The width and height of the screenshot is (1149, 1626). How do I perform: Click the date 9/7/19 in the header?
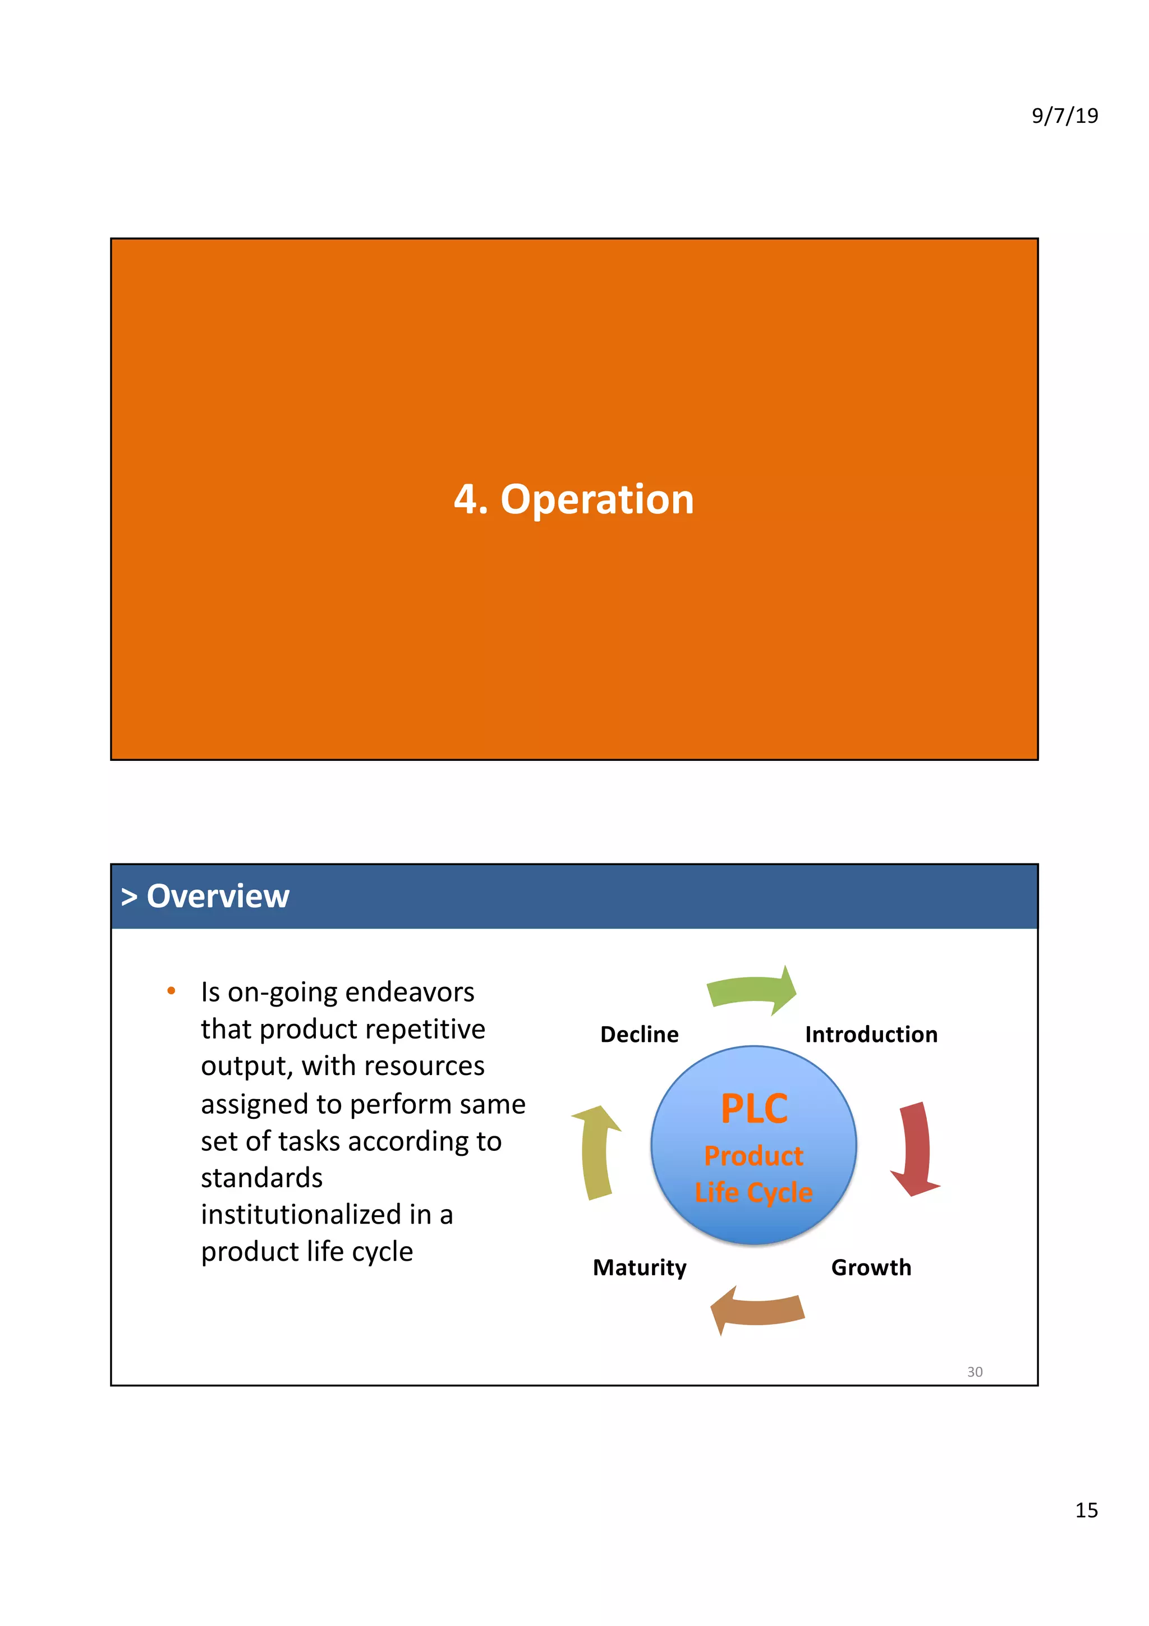1064,116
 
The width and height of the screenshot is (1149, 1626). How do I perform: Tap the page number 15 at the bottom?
1086,1509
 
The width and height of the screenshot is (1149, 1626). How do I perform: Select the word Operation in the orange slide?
597,499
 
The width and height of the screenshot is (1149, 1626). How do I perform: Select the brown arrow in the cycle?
757,1310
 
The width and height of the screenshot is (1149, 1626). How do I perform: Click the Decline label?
639,1035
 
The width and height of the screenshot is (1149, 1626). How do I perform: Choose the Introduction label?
871,1035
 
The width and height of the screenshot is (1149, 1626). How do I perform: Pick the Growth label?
871,1267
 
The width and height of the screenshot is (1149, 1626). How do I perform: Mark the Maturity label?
639,1267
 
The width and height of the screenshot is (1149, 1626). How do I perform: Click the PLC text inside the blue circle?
754,1109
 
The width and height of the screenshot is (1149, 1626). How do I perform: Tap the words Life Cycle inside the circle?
753,1193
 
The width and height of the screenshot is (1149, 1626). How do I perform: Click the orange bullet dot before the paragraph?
171,991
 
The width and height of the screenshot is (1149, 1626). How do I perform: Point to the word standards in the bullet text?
261,1178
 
